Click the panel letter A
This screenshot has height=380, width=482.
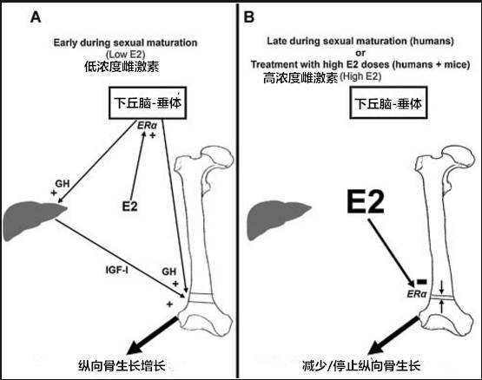(36, 16)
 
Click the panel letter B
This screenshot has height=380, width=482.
(248, 16)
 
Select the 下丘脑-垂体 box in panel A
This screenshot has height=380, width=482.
(148, 103)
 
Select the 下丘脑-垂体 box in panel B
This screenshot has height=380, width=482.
(388, 103)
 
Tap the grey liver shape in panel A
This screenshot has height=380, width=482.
(30, 219)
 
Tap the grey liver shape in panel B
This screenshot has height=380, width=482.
(277, 219)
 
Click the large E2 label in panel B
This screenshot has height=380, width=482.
(366, 201)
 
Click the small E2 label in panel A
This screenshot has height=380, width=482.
(129, 206)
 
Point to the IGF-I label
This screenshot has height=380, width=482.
(117, 270)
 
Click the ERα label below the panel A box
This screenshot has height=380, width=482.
(147, 125)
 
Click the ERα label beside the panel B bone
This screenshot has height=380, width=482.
(417, 294)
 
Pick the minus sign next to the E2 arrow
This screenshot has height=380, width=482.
(421, 281)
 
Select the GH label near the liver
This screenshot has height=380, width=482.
(63, 184)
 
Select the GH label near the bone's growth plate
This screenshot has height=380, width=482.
(169, 272)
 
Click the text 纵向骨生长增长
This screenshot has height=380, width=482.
(122, 365)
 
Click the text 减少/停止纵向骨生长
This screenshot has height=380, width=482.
(361, 365)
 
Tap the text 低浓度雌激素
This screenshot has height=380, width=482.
(122, 66)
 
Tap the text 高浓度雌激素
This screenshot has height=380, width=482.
(300, 78)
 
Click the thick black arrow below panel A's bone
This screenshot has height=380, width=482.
(153, 336)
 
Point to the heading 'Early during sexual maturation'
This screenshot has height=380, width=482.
(125, 43)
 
